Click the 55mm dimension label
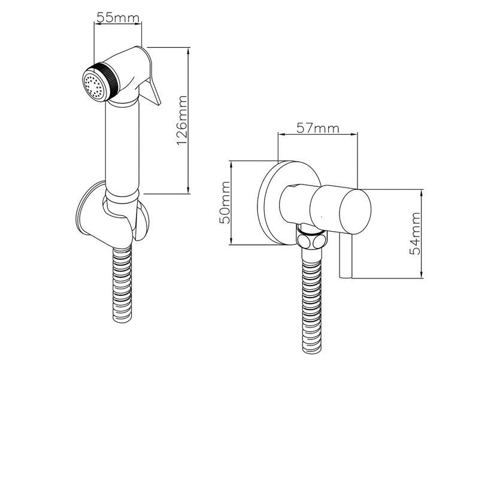coord(117,17)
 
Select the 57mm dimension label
coord(317,128)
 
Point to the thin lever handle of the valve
coord(345,257)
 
